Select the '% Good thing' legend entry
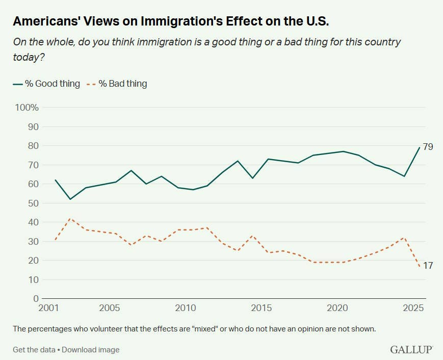[x=46, y=84]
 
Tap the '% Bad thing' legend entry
[x=117, y=84]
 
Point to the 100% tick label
[x=27, y=108]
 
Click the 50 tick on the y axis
[x=34, y=203]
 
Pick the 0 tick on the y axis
[x=36, y=299]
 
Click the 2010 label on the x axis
[x=185, y=308]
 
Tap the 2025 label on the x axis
[x=413, y=308]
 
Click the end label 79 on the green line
[x=428, y=147]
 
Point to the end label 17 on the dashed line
[x=428, y=266]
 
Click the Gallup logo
[x=411, y=350]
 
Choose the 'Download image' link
[x=91, y=350]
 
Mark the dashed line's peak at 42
[x=70, y=218]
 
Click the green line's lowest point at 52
[x=70, y=199]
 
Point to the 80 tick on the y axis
[x=34, y=146]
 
